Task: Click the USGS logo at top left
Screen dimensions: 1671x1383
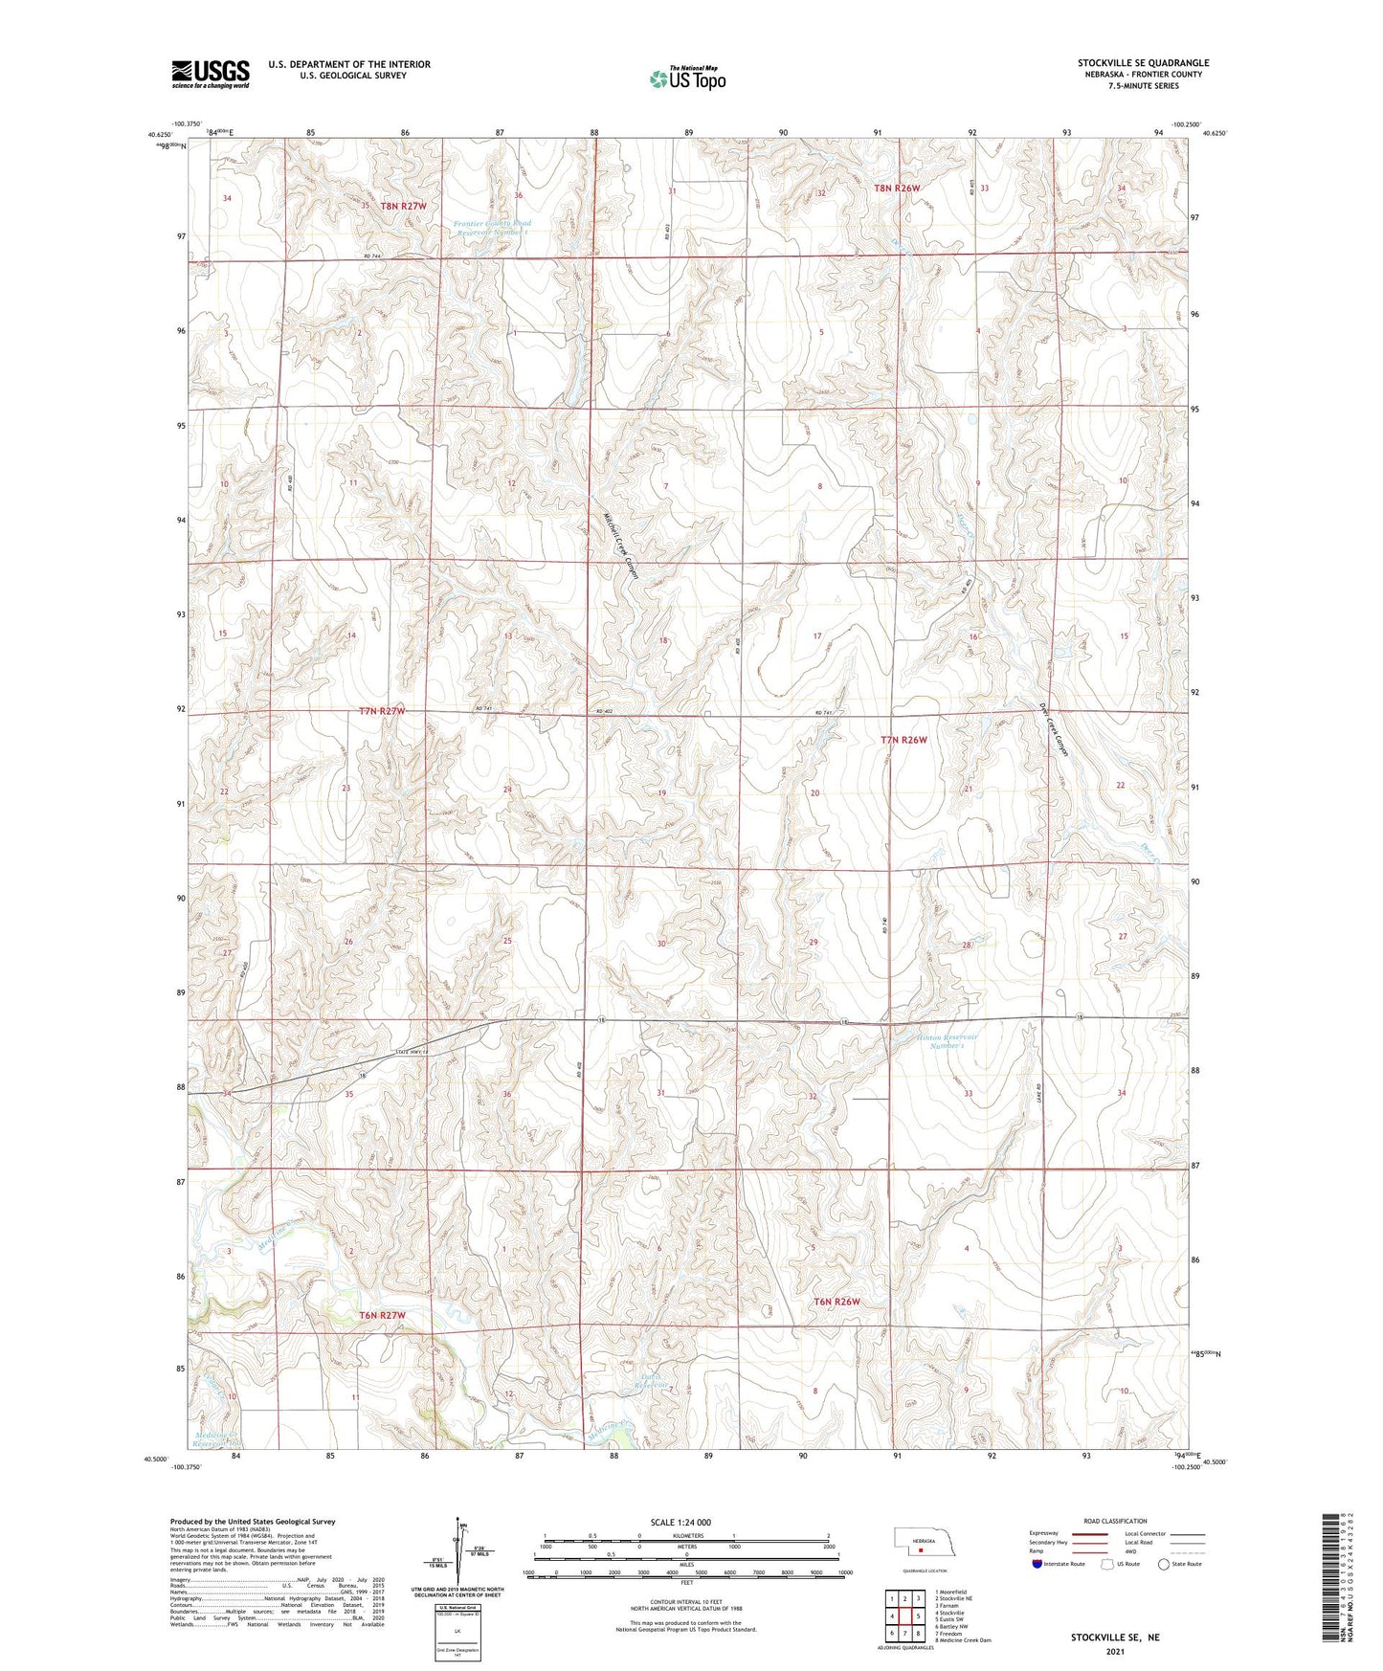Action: click(x=211, y=74)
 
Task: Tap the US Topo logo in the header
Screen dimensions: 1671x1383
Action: click(x=687, y=78)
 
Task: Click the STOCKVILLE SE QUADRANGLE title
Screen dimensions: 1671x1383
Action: click(x=1143, y=63)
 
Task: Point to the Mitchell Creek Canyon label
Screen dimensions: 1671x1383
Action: click(x=621, y=542)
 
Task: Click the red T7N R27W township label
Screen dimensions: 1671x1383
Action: click(x=383, y=711)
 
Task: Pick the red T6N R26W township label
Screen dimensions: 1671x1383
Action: click(x=837, y=1302)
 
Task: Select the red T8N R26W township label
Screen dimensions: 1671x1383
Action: click(x=897, y=189)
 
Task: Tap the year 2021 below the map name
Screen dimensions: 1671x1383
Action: click(x=1114, y=1653)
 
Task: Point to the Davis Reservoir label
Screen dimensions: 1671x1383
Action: click(x=653, y=1383)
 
